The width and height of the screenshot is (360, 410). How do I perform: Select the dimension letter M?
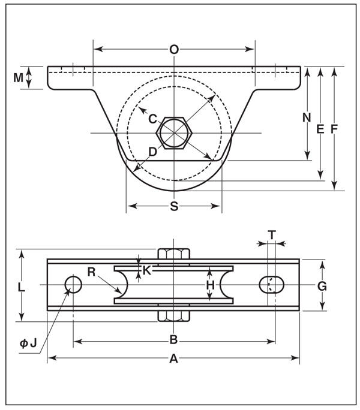(19, 77)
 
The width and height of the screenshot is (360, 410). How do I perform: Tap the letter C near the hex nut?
(153, 118)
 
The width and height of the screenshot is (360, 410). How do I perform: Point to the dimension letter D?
(152, 152)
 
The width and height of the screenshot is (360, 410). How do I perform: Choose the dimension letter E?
(320, 128)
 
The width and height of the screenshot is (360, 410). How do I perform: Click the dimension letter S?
(174, 206)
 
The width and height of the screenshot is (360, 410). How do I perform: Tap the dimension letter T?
(272, 235)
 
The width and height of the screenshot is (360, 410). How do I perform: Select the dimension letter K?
(148, 270)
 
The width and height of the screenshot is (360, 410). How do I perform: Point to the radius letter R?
(91, 272)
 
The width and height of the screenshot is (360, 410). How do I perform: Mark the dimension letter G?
(322, 286)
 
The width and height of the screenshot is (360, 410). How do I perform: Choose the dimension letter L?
(22, 287)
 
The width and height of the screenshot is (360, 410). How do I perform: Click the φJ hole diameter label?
(28, 343)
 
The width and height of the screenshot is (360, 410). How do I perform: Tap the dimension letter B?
(173, 340)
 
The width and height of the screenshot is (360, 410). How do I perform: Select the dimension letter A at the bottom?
(174, 358)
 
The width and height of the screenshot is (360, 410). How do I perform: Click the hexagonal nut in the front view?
(173, 132)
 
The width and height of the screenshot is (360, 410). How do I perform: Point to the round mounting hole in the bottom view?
(74, 285)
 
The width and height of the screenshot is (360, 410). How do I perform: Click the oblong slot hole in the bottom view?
(272, 285)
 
